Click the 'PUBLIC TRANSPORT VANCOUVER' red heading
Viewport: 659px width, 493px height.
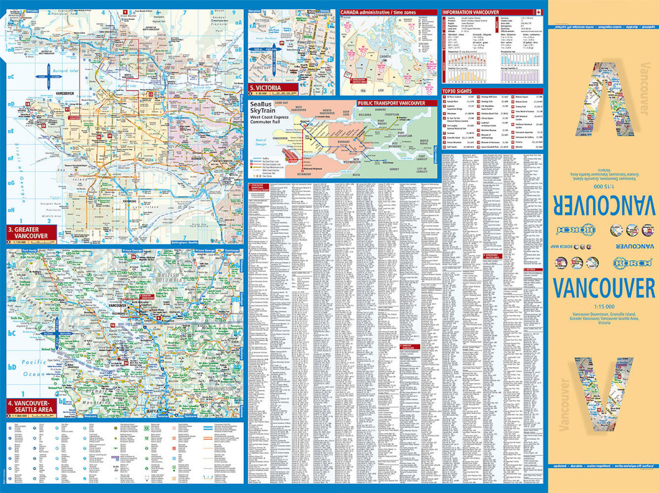coord(391,103)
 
